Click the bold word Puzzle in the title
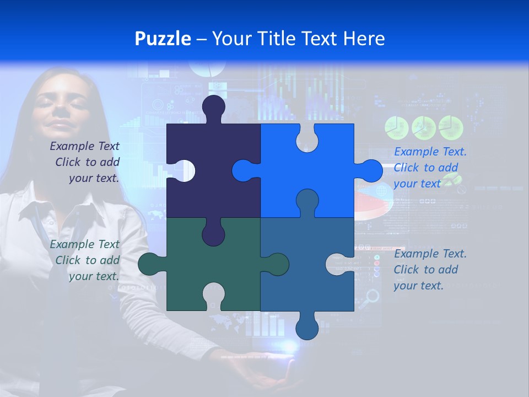pyautogui.click(x=163, y=39)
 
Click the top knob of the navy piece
pyautogui.click(x=214, y=108)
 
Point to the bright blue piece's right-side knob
pyautogui.click(x=370, y=170)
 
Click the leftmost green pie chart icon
pyautogui.click(x=396, y=128)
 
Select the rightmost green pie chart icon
pyautogui.click(x=451, y=128)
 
